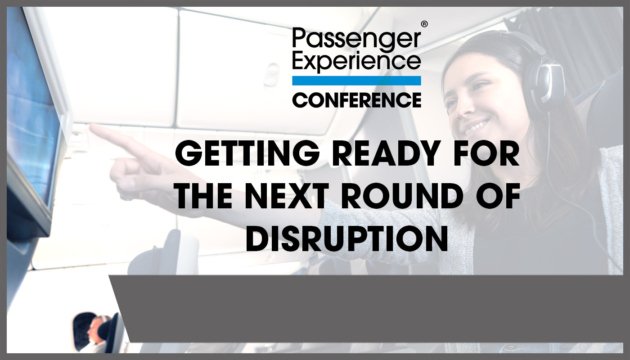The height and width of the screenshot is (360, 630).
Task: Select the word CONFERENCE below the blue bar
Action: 356,100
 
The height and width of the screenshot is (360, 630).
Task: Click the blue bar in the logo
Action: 356,81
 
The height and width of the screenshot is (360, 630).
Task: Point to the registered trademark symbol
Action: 424,24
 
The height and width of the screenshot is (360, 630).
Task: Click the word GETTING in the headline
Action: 247,153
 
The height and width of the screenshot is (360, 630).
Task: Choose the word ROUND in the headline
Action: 403,195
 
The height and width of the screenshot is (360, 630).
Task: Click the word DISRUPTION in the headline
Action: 347,238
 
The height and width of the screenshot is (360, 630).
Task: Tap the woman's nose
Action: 462,108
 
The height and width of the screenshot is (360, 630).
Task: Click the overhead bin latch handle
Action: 272,74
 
